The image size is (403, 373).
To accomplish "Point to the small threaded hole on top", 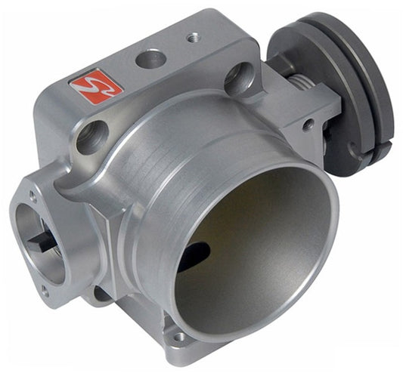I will [x=191, y=35].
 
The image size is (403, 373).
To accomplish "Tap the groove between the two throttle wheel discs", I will [x=356, y=83].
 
